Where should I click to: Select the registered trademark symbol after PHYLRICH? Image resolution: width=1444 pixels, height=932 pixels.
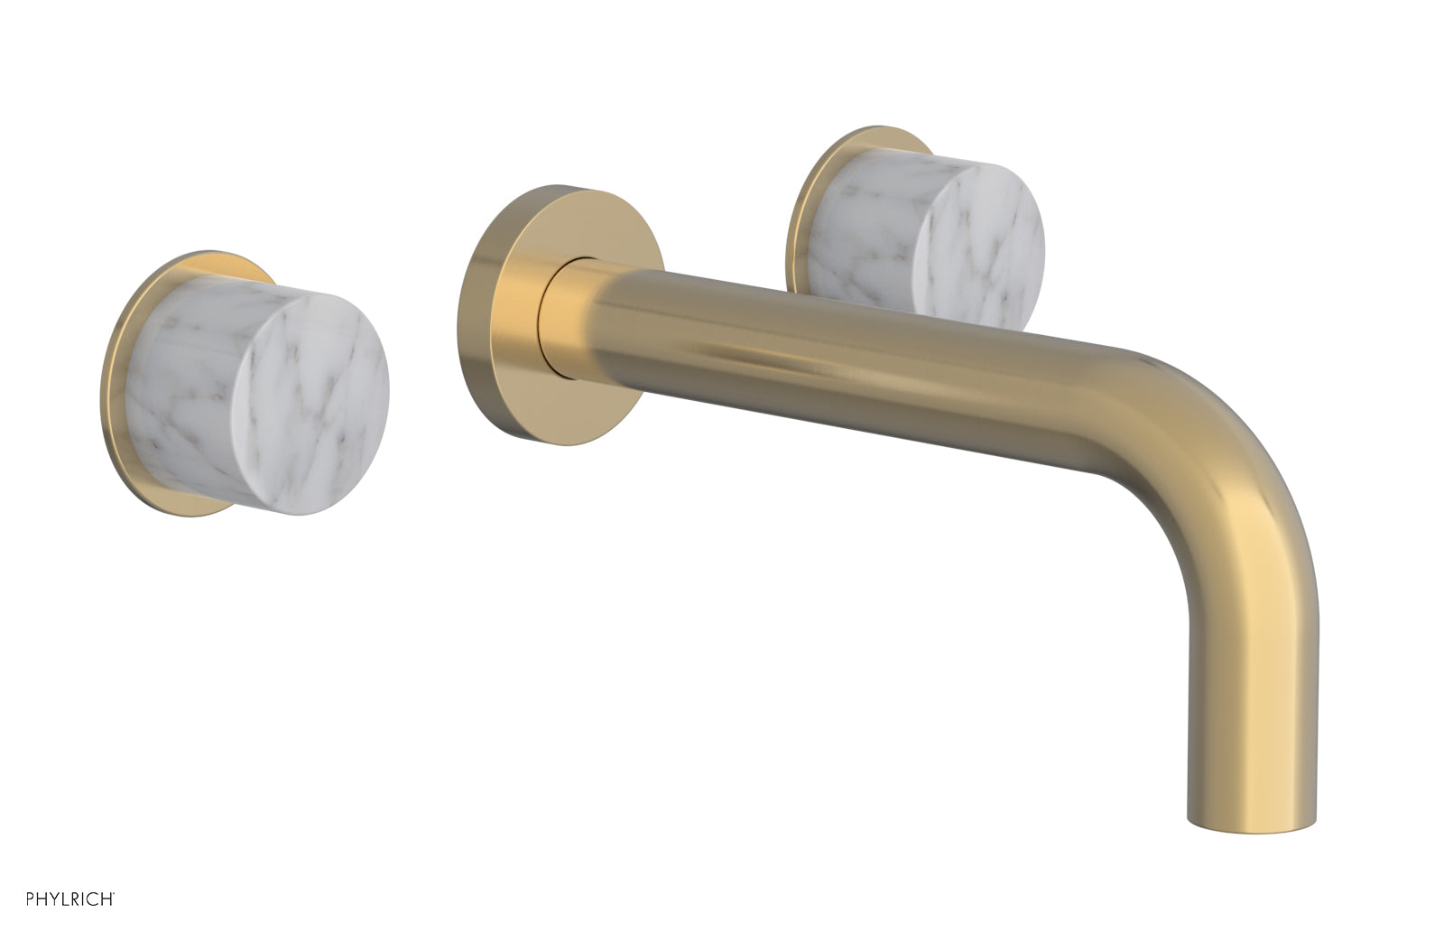(x=114, y=893)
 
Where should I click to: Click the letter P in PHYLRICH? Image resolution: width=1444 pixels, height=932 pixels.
(x=30, y=899)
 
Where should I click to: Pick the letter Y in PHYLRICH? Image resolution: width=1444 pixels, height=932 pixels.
(x=54, y=899)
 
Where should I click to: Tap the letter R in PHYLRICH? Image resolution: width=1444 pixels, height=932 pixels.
(x=75, y=899)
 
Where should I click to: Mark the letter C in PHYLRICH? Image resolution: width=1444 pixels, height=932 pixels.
(x=92, y=899)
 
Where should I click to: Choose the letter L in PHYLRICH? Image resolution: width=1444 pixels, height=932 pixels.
(x=65, y=899)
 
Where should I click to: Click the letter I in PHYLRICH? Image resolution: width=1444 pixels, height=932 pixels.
(x=82, y=899)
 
